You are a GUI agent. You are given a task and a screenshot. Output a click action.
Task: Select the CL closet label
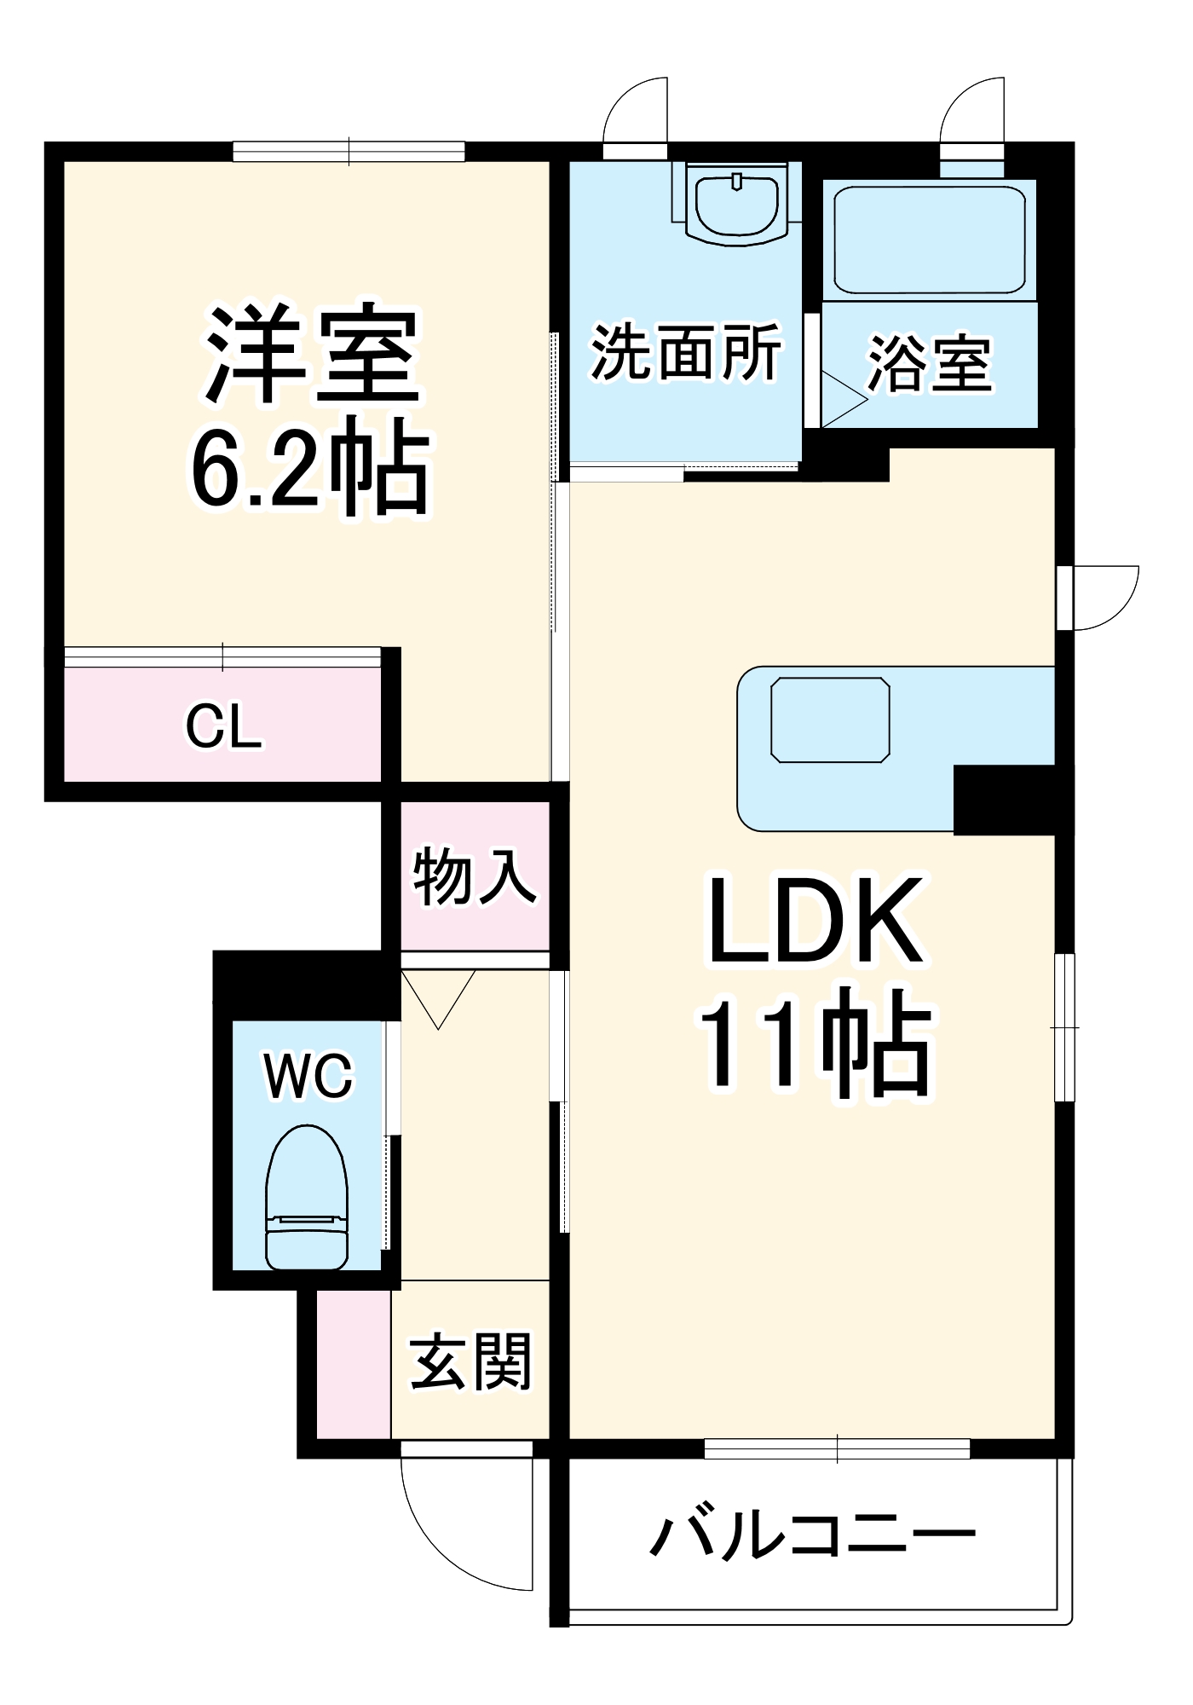[223, 726]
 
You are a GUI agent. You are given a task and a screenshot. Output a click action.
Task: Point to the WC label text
[308, 1076]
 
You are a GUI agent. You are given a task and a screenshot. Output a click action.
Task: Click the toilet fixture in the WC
[307, 1197]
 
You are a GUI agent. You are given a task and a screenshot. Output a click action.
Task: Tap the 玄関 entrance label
[471, 1361]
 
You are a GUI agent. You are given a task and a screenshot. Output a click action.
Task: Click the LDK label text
[815, 922]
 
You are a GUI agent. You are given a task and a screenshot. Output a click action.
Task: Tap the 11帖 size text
[815, 1042]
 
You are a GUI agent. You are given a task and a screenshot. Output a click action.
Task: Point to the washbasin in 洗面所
[737, 205]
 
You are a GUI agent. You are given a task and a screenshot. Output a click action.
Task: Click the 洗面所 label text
[685, 352]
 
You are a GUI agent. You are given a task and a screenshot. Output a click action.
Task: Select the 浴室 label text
[929, 365]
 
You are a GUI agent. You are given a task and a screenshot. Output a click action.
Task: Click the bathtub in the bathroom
[929, 240]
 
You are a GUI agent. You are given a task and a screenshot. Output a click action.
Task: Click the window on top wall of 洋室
[349, 152]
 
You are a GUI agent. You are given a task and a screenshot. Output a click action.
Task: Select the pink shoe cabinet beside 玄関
[354, 1364]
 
